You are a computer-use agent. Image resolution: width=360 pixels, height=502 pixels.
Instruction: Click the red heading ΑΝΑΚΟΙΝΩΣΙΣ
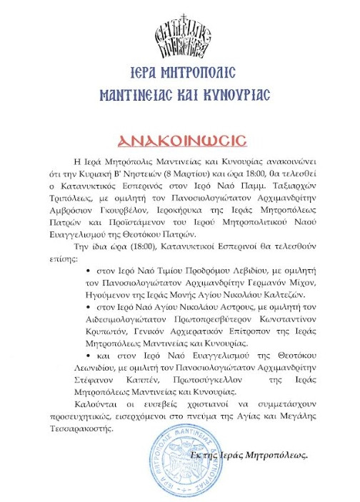(180, 136)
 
